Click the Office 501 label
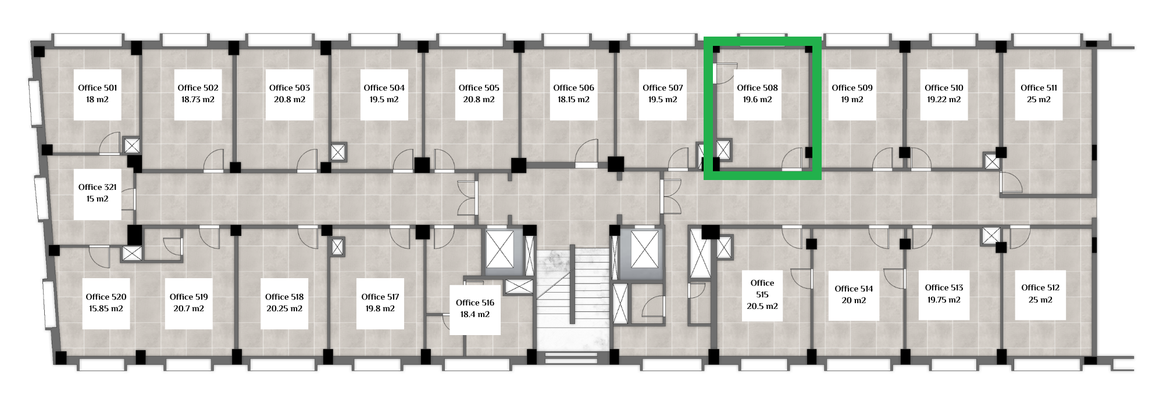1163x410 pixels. (98, 88)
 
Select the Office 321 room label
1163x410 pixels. (98, 187)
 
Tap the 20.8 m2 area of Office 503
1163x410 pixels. (290, 99)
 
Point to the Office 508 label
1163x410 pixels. (757, 88)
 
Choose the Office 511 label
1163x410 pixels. (1039, 88)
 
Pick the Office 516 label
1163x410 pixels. (475, 303)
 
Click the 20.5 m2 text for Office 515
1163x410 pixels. (762, 306)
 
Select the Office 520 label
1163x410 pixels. (106, 297)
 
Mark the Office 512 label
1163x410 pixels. (1040, 287)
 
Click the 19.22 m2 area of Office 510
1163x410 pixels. (944, 99)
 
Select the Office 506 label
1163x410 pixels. (573, 88)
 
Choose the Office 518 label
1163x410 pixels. (284, 297)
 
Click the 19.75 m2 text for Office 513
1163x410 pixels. (944, 300)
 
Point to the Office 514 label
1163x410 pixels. (854, 289)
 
